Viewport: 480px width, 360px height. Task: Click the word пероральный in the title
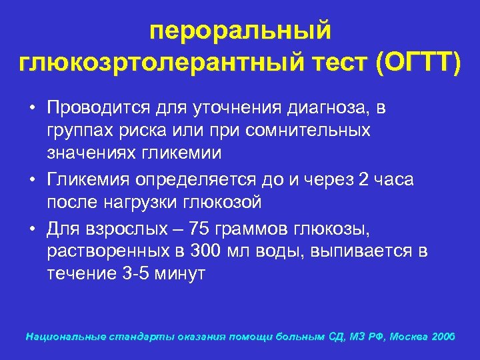coord(240,31)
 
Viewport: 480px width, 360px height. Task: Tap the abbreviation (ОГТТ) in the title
coord(417,65)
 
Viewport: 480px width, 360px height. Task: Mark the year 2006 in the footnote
coord(443,337)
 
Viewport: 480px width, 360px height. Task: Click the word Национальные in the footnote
coord(61,337)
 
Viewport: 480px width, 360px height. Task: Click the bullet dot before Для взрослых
coord(31,229)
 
